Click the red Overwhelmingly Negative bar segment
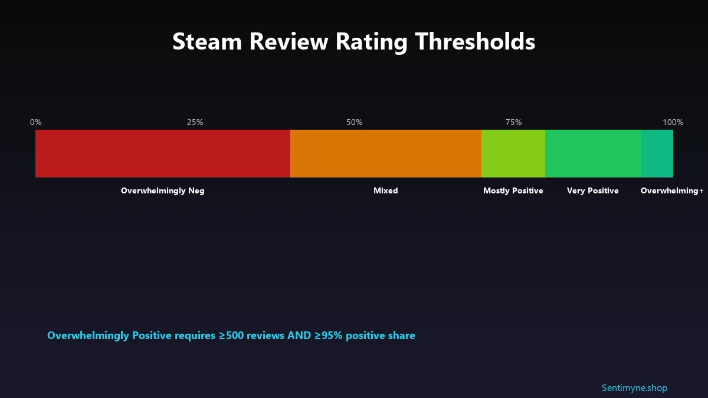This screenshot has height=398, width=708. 163,153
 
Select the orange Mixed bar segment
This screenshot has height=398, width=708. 386,153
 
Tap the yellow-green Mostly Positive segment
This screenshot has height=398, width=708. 513,153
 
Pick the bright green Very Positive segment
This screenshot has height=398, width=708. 593,153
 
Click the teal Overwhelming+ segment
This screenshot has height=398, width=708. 657,153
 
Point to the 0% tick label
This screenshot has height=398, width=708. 36,123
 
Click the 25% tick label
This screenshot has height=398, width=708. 195,123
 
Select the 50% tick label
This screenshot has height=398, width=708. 355,123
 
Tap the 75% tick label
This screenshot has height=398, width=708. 514,123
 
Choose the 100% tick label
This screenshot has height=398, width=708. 673,123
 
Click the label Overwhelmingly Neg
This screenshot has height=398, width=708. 163,191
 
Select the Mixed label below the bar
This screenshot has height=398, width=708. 386,191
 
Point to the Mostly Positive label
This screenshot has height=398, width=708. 513,191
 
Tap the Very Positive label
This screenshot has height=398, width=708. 593,191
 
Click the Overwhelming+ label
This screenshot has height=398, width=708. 672,191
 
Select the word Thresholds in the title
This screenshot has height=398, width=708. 475,42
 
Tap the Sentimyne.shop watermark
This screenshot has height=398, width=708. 634,388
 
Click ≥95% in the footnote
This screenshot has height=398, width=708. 328,335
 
